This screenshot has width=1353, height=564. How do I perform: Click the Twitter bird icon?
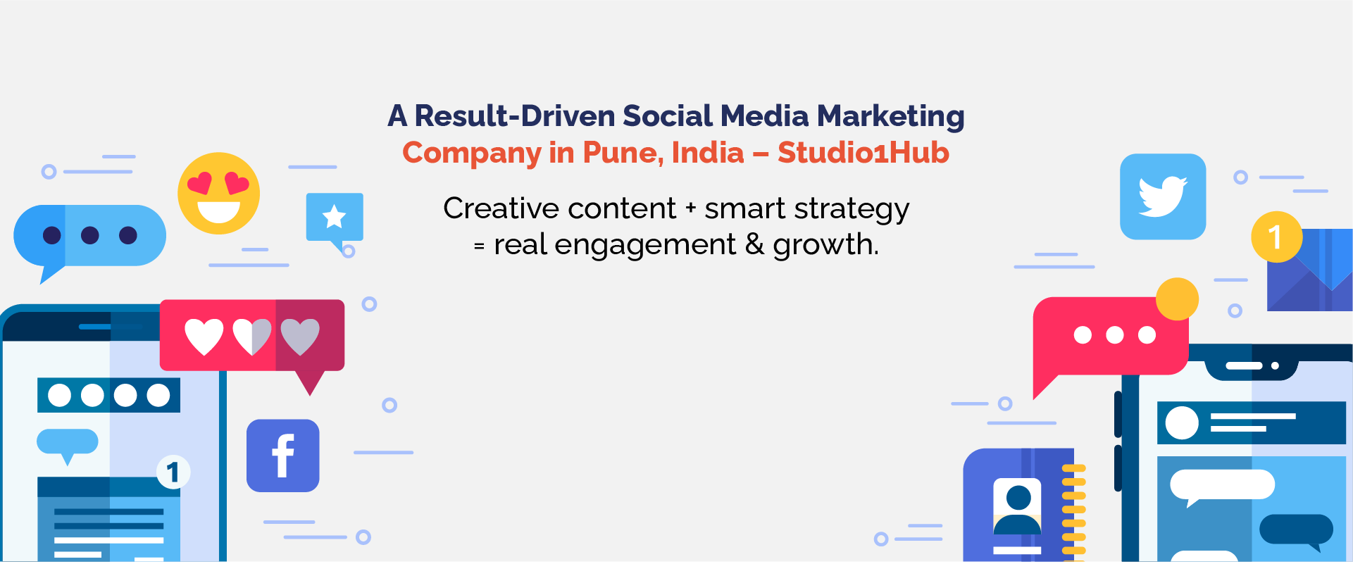[1163, 196]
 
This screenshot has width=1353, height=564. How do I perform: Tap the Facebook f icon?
[282, 456]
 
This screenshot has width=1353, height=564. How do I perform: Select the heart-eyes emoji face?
[218, 194]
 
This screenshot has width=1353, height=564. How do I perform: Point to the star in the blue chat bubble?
[334, 217]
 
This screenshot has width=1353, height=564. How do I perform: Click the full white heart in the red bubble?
[204, 337]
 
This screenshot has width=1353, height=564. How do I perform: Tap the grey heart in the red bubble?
[300, 337]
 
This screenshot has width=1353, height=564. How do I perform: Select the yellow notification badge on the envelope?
[1276, 237]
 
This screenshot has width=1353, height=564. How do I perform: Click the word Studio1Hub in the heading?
[863, 153]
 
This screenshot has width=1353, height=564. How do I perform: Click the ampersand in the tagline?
[754, 244]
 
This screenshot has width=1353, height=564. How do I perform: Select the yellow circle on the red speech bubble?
[1177, 299]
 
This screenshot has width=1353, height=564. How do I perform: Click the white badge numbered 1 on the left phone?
[173, 472]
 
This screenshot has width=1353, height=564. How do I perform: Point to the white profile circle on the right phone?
[1182, 422]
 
